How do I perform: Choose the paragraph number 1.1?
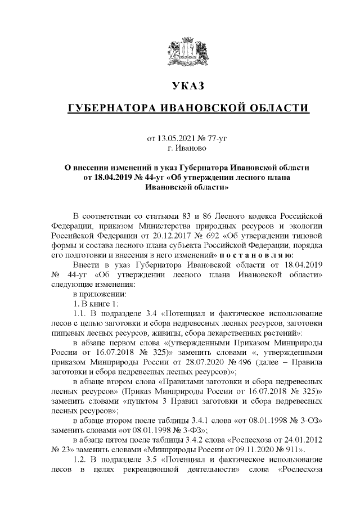[82, 313]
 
